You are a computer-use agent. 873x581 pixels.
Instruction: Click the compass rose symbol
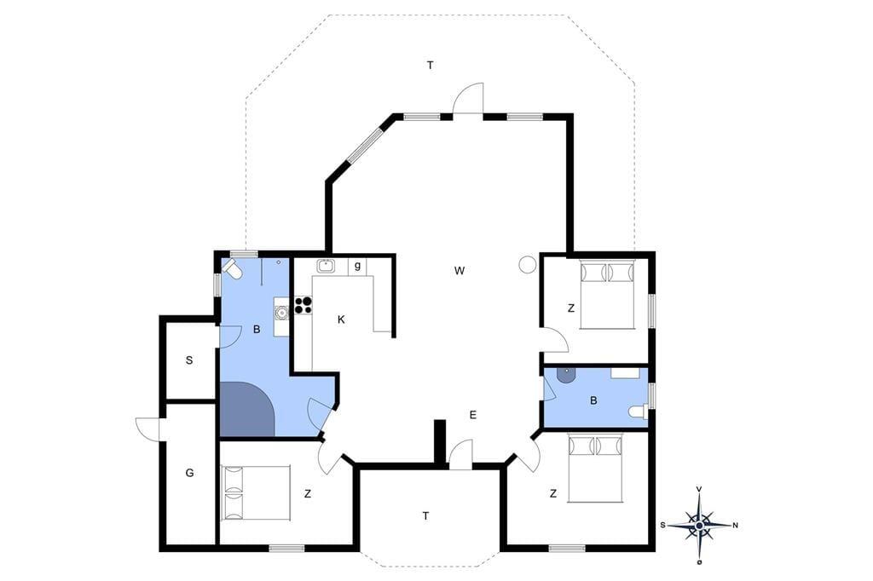tap(699, 525)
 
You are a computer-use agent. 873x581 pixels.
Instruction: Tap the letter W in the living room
tap(460, 271)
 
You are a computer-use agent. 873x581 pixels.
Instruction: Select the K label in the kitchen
tap(341, 319)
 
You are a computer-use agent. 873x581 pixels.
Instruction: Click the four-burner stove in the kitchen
tap(303, 305)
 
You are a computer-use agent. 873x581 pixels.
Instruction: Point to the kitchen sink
tap(326, 266)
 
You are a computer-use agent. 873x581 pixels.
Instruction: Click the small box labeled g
tap(357, 266)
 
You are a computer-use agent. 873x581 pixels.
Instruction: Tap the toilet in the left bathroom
tap(232, 270)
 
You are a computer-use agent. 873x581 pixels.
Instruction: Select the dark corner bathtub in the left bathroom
tap(247, 409)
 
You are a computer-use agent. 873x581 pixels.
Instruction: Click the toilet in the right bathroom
tap(638, 411)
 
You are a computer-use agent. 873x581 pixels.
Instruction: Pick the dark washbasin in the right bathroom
tap(564, 375)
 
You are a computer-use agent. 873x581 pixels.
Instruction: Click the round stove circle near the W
tap(527, 264)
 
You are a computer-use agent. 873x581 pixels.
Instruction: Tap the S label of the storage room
tap(189, 360)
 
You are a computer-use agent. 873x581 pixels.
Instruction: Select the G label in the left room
tap(190, 473)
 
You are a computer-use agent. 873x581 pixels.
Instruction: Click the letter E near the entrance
tap(472, 415)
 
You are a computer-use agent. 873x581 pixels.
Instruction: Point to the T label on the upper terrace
tap(430, 66)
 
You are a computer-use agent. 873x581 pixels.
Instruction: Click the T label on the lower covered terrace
tap(425, 516)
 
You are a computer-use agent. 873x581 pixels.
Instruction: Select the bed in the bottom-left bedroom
tap(256, 493)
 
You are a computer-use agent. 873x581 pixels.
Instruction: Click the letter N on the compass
tap(735, 525)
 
